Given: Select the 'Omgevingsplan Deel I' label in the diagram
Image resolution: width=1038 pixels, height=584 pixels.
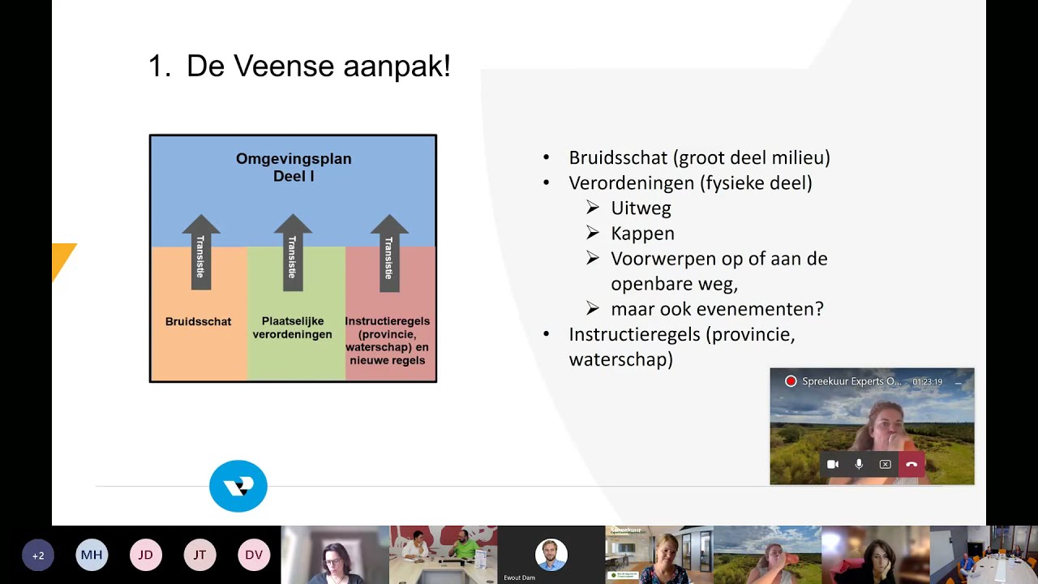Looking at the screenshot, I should (294, 167).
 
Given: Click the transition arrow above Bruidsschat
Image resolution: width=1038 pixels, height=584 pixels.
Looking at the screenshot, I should (201, 252).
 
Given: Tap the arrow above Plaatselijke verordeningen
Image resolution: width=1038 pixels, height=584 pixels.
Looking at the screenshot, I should (293, 252).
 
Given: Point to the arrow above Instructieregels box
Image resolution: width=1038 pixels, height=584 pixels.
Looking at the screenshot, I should (389, 252).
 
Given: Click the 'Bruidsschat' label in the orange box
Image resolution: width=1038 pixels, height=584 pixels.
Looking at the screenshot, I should (198, 321).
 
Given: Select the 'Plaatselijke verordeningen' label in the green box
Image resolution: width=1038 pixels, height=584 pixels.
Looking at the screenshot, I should (292, 328).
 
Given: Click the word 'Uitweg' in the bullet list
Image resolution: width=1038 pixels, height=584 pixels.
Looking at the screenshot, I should (641, 208).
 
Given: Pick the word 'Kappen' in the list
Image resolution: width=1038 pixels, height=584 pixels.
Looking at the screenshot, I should (642, 234).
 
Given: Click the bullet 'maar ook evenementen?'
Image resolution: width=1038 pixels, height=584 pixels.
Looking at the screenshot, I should (717, 309).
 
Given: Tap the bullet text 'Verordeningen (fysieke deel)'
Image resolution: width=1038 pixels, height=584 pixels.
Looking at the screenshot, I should (690, 183).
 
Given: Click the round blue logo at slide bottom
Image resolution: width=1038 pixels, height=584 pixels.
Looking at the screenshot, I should (238, 486).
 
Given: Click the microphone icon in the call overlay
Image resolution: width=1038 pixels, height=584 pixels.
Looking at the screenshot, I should (859, 465).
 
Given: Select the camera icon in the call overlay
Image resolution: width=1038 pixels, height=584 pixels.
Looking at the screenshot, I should (833, 465).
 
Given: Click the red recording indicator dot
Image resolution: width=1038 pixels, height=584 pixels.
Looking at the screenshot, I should (791, 381).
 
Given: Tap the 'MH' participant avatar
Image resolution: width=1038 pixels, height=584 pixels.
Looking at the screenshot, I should (92, 555).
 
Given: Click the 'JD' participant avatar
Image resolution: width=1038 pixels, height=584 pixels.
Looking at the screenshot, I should (146, 555).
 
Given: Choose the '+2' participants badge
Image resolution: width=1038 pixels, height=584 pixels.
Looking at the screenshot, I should (38, 555).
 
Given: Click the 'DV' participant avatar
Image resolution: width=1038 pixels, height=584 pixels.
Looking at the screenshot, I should (254, 555).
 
